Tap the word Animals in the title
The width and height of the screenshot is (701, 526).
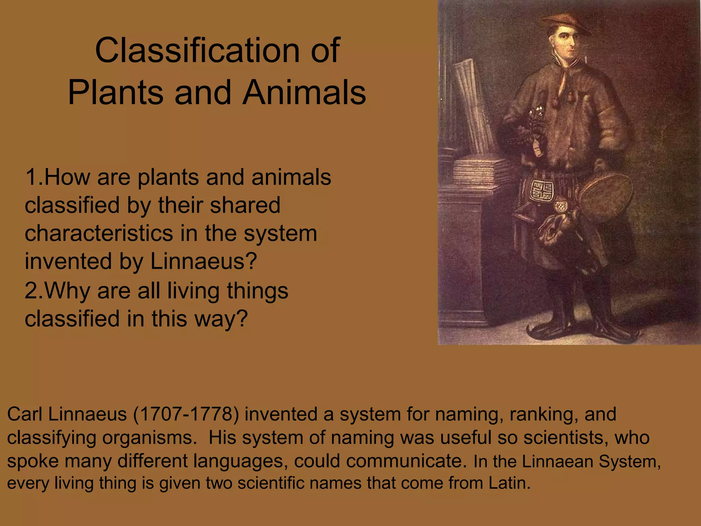pos(304,93)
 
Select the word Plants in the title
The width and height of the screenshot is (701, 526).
pos(116,93)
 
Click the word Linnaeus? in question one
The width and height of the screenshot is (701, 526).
pos(204,261)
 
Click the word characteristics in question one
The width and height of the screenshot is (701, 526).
pos(99,234)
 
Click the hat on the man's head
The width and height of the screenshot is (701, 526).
pos(566,22)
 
